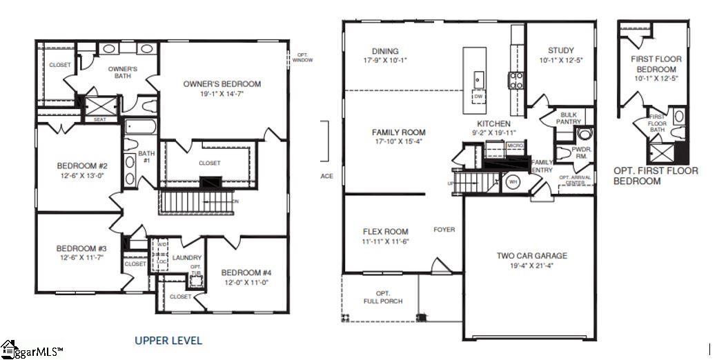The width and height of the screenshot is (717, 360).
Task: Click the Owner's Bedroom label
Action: [x=222, y=84]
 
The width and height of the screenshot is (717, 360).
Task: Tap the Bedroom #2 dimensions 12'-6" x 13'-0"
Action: [x=82, y=176]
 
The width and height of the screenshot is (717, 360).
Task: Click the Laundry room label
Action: [x=187, y=258]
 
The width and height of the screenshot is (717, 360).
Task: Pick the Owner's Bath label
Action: [x=123, y=72]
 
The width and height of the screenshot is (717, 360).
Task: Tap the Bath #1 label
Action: [x=146, y=157]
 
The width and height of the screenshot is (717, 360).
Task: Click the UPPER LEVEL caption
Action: [x=168, y=340]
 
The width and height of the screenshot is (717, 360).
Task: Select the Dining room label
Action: [x=385, y=51]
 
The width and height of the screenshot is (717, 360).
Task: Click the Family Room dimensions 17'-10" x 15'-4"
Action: [x=398, y=141]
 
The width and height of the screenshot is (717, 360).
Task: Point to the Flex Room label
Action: [x=386, y=232]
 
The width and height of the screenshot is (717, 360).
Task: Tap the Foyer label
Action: [x=444, y=230]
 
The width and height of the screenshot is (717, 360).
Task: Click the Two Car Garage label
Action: [x=532, y=256]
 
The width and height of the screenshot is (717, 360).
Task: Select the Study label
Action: [x=560, y=50]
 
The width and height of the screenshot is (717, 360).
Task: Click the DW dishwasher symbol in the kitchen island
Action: [x=478, y=97]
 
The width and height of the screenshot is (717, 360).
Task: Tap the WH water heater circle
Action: [x=513, y=183]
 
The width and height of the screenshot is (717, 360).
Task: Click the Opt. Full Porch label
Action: [x=383, y=297]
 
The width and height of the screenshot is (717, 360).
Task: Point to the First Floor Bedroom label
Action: [x=655, y=64]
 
